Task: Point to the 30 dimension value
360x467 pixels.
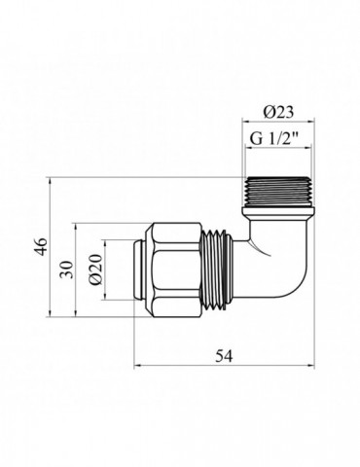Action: [x=65, y=269]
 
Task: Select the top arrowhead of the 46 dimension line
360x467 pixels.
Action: [x=49, y=180]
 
